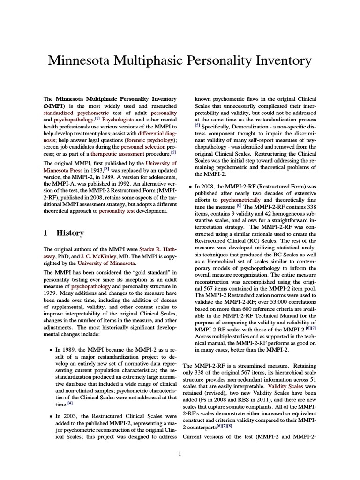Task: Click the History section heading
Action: pos(70,233)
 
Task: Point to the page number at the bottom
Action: pos(180,453)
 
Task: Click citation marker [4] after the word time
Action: pos(70,403)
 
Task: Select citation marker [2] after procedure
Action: pos(173,152)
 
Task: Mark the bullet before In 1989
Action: pos(51,350)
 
